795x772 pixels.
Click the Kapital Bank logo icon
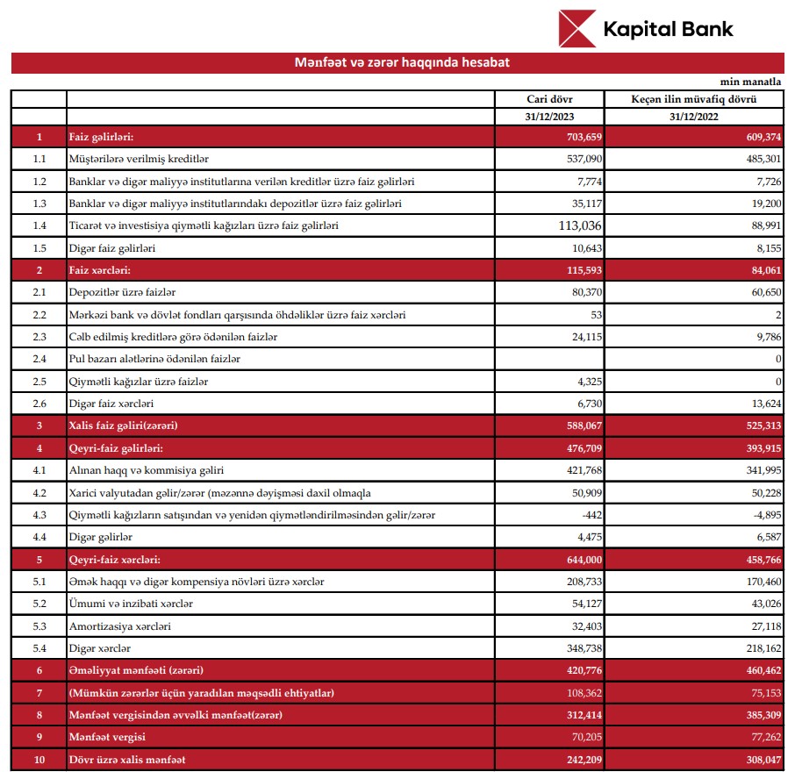tap(577, 29)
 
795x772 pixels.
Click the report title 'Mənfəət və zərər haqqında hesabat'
tap(402, 63)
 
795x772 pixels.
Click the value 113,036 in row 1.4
tap(573, 225)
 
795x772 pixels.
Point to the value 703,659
tap(579, 137)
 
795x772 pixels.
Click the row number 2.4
tap(39, 359)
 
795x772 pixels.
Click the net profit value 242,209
tap(579, 759)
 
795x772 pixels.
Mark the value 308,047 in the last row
tap(756, 759)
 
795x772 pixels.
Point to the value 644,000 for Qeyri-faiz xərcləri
tap(579, 559)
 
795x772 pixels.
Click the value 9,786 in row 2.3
tap(763, 337)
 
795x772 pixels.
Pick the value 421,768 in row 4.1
tap(579, 470)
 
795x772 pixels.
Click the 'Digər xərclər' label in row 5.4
tap(100, 647)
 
